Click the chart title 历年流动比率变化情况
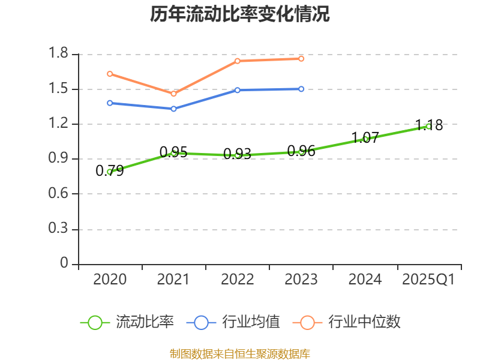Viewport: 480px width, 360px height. tap(240, 14)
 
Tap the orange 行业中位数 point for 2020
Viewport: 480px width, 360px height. tap(110, 74)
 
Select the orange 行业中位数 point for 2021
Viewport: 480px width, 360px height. tap(173, 94)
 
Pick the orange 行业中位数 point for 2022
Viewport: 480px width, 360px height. tap(238, 61)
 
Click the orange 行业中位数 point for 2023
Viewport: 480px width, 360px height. tap(301, 58)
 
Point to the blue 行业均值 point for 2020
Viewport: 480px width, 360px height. tap(110, 103)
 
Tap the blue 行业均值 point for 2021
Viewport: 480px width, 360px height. tap(173, 109)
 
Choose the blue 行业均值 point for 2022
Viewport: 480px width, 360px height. tap(238, 90)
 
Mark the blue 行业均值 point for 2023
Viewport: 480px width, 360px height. tap(301, 89)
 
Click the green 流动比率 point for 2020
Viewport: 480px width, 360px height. tap(110, 172)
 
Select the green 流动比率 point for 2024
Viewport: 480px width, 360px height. tap(365, 139)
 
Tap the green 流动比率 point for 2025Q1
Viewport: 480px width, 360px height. tap(428, 126)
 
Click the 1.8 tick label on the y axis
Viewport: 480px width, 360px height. tap(60, 55)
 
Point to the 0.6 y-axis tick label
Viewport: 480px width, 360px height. tap(60, 194)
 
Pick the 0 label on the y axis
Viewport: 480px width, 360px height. tap(65, 264)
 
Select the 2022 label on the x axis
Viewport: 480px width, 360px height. tap(238, 280)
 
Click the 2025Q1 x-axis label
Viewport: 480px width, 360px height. tap(428, 280)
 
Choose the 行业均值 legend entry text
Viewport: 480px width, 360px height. tap(251, 322)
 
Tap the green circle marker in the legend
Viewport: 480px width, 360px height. tap(95, 322)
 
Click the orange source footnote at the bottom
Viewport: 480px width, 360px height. tap(240, 353)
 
